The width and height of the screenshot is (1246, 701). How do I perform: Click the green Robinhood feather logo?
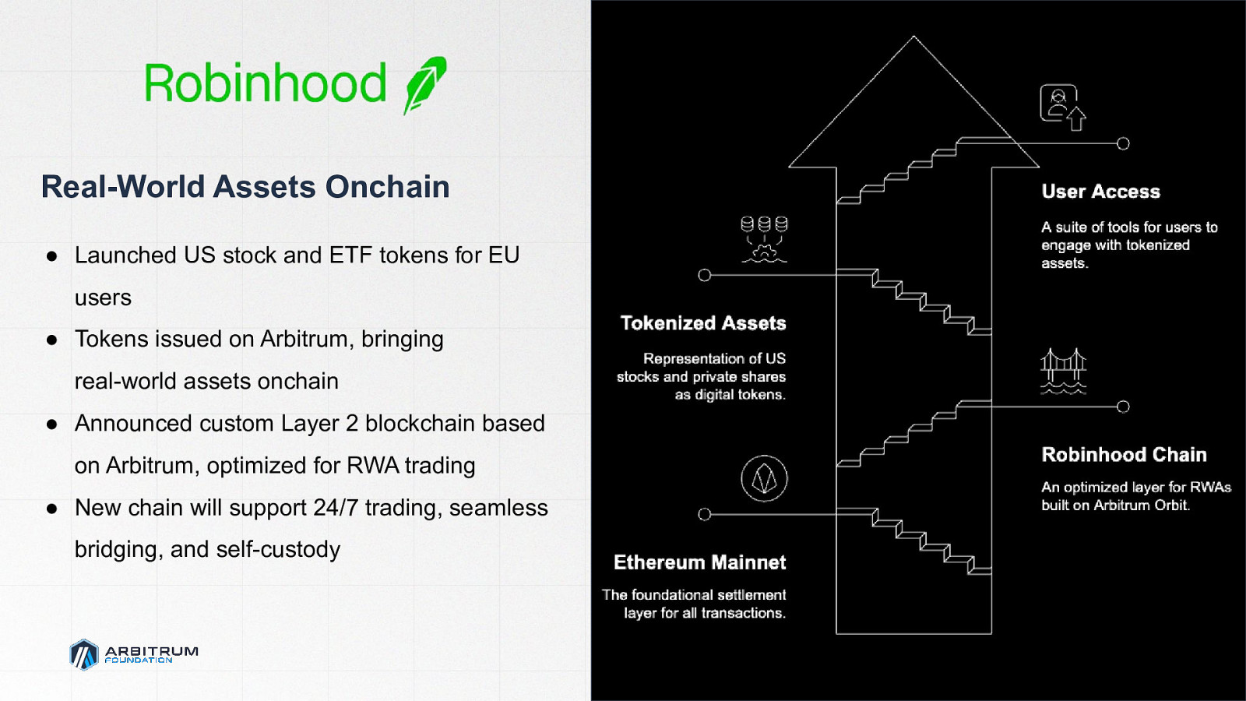tap(425, 85)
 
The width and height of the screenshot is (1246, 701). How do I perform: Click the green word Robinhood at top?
tap(266, 83)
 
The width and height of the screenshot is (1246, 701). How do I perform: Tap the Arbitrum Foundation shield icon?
tap(84, 654)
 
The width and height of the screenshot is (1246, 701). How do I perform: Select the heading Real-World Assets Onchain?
tap(245, 186)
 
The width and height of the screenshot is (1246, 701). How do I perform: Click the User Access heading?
tap(1101, 192)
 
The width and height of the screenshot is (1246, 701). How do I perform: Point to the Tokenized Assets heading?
tap(703, 323)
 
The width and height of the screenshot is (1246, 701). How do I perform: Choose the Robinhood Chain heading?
tap(1125, 455)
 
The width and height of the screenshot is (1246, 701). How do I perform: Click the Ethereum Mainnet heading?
tap(700, 562)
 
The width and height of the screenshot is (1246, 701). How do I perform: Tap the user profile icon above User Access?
tap(1062, 107)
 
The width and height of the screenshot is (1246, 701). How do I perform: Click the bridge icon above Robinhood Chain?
tap(1063, 371)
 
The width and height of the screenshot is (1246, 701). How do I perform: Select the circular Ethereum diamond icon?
tap(764, 478)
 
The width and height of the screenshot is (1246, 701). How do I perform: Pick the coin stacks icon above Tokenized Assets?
tap(764, 239)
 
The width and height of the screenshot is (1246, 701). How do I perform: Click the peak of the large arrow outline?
tap(913, 37)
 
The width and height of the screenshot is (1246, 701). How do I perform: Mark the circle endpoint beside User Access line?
tap(1123, 143)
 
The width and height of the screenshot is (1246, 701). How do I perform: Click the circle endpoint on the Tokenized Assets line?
tap(704, 275)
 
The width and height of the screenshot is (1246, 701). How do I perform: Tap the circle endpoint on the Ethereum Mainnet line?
tap(704, 514)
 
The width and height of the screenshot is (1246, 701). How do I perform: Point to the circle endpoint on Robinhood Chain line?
tap(1123, 407)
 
